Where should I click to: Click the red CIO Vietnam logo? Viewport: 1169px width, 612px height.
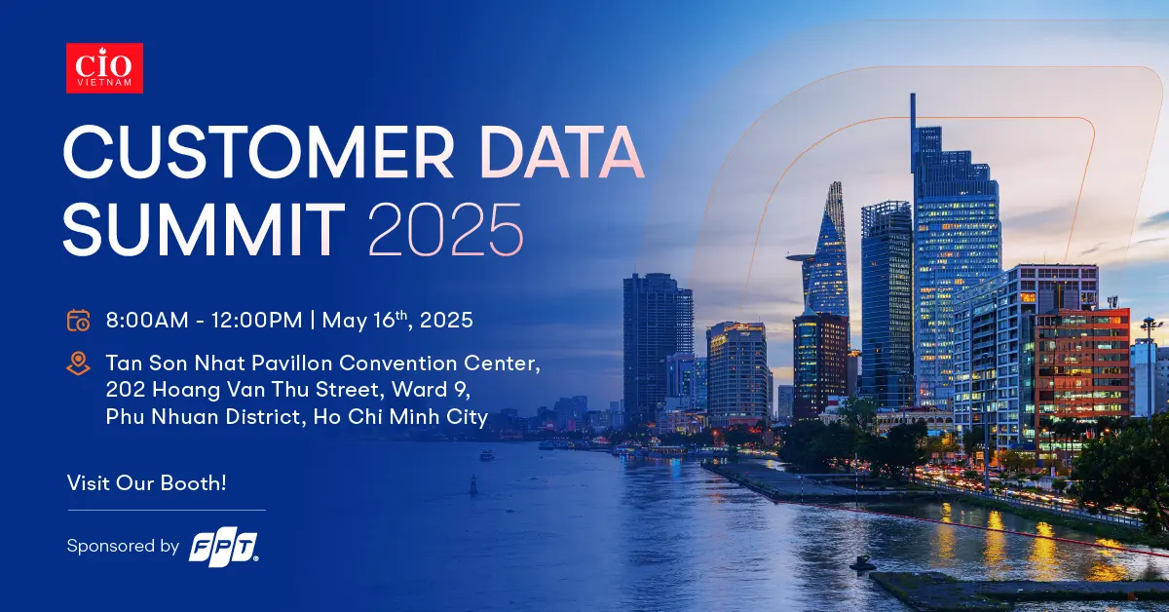tap(104, 68)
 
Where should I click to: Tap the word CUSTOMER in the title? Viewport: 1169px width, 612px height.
tap(258, 152)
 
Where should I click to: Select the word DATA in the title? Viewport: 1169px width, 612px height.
tap(561, 152)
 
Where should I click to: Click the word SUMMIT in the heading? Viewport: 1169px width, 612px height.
tap(204, 230)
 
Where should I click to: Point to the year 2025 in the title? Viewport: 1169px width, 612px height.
tap(446, 230)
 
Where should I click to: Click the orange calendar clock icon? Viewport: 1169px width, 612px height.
tap(78, 320)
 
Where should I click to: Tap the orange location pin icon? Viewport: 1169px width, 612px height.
tap(78, 363)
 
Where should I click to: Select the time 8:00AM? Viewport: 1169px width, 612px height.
tap(147, 320)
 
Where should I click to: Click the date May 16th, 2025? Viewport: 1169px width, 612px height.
tap(397, 320)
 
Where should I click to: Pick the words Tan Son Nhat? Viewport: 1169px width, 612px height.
tap(175, 363)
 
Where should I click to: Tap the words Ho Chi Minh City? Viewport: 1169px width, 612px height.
tap(400, 417)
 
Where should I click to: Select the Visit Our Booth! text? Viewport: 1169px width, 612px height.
tap(147, 483)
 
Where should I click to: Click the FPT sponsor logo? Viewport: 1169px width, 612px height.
tap(223, 549)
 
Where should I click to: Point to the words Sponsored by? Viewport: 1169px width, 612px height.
tap(123, 546)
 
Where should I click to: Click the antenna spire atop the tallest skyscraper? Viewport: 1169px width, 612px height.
tap(913, 120)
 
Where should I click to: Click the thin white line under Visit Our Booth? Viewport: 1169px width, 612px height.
tap(167, 511)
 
